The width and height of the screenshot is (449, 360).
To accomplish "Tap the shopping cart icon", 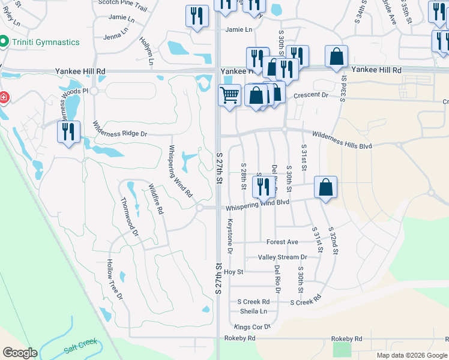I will coord(229,95).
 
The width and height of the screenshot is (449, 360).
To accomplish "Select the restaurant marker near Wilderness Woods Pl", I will coord(68,131).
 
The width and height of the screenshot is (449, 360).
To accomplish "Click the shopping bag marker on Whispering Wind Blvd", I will coord(325,187).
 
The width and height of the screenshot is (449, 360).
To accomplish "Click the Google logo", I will coord(20,353).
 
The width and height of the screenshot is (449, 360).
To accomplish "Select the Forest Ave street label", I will coord(282,242).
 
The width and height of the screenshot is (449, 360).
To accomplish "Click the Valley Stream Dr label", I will coord(282,257).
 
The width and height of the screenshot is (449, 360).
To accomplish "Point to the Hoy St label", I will coord(233,272).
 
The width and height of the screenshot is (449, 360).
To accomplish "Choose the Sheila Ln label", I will coord(253,311).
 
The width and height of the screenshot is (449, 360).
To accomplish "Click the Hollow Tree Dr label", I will coord(115,280).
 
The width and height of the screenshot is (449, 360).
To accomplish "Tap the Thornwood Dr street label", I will coord(130,216).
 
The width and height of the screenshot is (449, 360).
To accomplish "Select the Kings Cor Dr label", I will coord(253,327).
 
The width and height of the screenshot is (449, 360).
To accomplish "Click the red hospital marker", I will coord(3,97).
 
